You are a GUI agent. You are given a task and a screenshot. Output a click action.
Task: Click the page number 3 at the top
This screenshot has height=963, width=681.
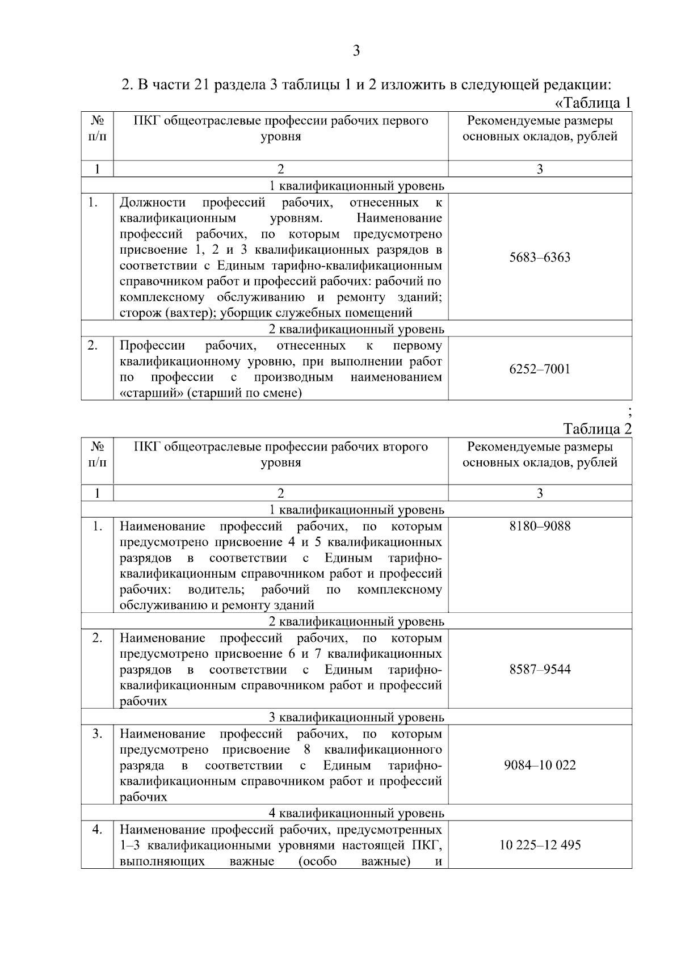pos(356,51)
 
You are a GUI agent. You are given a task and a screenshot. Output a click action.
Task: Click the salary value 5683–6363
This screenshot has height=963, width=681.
pos(540,258)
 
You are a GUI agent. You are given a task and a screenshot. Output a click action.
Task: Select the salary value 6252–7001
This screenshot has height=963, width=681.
pos(540,369)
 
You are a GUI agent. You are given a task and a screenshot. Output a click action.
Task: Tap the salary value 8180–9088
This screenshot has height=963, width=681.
pos(540,526)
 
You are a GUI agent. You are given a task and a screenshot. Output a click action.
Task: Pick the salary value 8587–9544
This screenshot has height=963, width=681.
pos(540,669)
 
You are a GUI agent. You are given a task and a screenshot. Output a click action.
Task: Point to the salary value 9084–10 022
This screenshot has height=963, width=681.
pos(540,765)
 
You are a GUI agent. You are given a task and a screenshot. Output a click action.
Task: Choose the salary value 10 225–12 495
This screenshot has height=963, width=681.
pos(540,845)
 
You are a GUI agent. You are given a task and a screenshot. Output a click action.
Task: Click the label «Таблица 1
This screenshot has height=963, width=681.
pos(592,103)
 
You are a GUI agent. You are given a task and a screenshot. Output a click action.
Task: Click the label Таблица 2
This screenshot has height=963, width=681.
pos(597,428)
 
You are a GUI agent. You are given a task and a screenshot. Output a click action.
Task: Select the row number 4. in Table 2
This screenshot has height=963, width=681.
pos(97,830)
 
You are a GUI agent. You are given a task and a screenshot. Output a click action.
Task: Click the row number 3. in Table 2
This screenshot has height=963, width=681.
pos(97,734)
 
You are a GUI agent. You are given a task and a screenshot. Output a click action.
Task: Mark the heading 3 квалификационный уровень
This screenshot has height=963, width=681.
pos(356,717)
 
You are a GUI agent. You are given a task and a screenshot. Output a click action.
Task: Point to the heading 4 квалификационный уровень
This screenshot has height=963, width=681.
pos(356,813)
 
